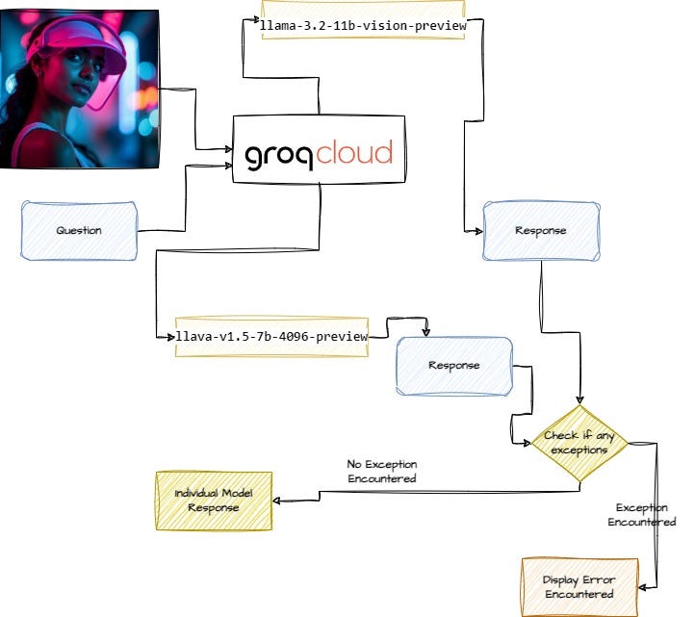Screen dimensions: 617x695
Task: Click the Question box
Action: click(79, 231)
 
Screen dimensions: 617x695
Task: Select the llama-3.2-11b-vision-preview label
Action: click(363, 25)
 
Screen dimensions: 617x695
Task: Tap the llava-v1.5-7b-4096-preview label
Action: click(271, 337)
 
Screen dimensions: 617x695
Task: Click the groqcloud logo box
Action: click(319, 150)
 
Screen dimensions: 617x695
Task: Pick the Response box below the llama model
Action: click(540, 231)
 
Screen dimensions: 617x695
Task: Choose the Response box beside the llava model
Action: click(453, 366)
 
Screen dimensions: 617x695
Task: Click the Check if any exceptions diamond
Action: click(579, 443)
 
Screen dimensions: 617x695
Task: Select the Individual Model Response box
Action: click(213, 501)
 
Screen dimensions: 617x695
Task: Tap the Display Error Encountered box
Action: click(579, 587)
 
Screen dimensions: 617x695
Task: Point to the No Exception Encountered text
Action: click(382, 471)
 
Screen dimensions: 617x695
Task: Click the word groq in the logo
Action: click(280, 156)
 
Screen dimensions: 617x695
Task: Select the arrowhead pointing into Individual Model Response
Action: click(276, 501)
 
